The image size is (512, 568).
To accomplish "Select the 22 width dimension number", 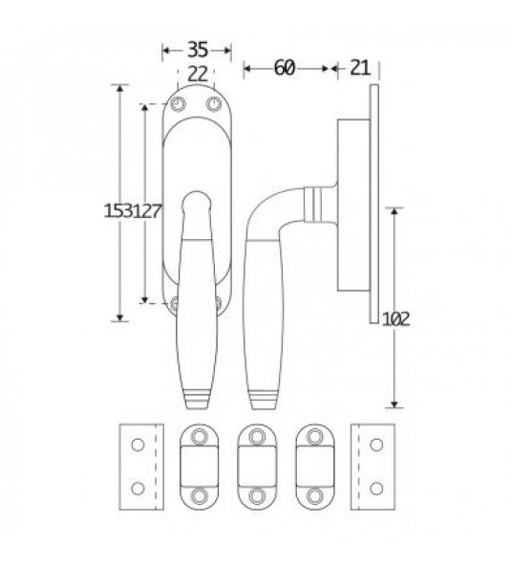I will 197,74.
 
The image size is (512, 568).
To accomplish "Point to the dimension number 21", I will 360,68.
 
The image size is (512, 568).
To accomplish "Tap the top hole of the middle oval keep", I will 256,436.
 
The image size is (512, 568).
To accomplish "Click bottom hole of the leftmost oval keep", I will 199,497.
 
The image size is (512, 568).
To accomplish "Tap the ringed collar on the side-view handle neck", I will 314,201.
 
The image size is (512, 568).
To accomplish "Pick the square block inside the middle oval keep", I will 256,467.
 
